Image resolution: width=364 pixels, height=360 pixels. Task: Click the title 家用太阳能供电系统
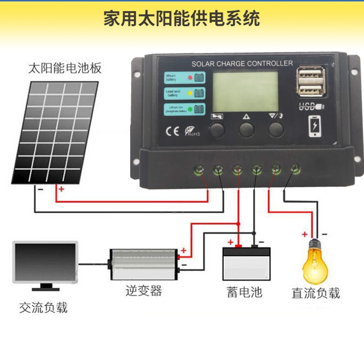pos(182,20)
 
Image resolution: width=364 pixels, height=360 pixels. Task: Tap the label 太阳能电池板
pos(65,69)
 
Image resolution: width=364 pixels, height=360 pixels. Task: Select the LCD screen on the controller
pos(246,93)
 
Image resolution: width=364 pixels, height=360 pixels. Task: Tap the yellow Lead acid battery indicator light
pos(190,93)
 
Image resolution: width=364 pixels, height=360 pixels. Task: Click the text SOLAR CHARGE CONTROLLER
pos(242,63)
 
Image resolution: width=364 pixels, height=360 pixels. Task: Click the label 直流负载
pos(316,293)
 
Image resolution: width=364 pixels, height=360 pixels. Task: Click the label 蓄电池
pos(245,292)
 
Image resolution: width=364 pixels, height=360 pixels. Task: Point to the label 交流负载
pos(44,308)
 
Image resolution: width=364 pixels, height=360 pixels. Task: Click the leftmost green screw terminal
pos(199,171)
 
